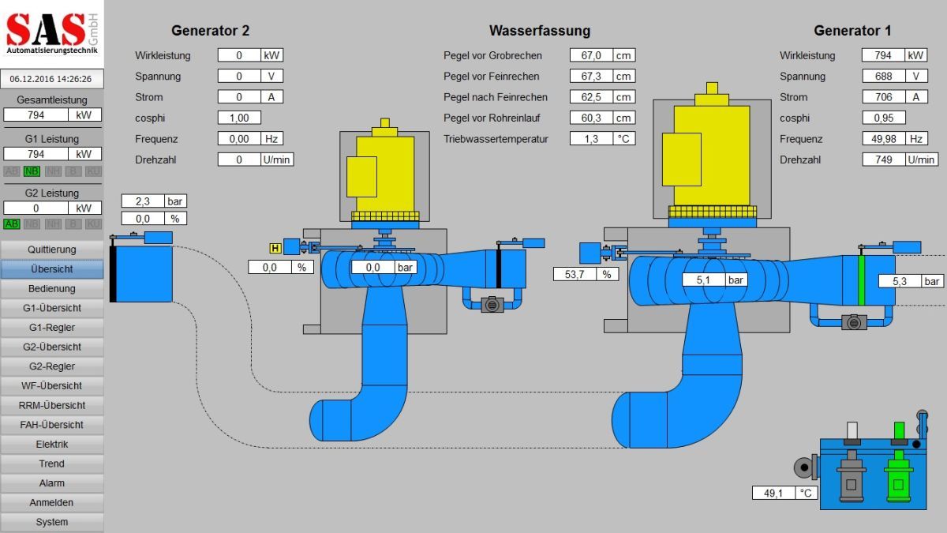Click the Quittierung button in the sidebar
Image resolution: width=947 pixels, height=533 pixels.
click(x=51, y=250)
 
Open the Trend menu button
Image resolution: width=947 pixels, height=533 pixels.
click(x=51, y=464)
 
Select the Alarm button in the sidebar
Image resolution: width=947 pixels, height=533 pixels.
click(x=51, y=483)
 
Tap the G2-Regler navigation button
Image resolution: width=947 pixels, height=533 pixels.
click(x=51, y=366)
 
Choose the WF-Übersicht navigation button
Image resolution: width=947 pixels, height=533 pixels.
click(x=51, y=386)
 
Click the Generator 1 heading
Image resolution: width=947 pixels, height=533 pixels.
click(x=852, y=31)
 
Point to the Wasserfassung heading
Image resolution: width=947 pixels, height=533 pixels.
click(x=540, y=31)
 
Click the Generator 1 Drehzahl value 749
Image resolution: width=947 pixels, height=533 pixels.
click(x=884, y=160)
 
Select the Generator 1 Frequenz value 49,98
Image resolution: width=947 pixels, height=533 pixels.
click(x=884, y=139)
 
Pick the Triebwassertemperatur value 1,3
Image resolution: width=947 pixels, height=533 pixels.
click(x=591, y=139)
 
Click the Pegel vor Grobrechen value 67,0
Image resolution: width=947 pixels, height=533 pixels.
click(x=591, y=55)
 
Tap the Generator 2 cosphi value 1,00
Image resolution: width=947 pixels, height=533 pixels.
click(x=239, y=118)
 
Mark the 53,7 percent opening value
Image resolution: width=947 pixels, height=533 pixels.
click(x=575, y=274)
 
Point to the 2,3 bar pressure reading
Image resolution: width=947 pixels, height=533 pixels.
click(x=142, y=201)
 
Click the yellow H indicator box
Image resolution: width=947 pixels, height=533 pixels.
click(x=275, y=248)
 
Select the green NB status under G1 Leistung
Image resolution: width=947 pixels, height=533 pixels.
click(x=32, y=171)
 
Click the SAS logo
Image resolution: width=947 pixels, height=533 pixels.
click(x=47, y=30)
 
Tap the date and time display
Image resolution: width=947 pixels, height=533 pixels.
click(x=51, y=79)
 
